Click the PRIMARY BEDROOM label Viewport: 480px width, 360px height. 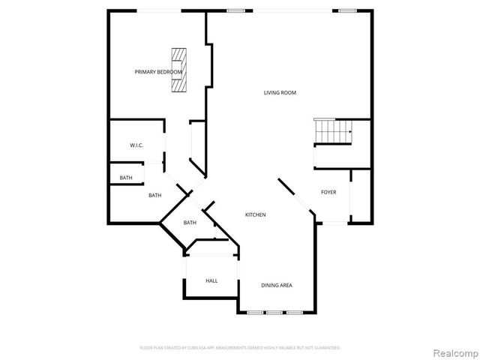[158, 72]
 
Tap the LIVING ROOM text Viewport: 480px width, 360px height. [280, 93]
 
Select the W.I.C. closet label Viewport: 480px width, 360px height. [136, 145]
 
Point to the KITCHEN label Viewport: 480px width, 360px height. [255, 215]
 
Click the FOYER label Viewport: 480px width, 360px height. [328, 192]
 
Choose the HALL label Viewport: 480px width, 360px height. [211, 280]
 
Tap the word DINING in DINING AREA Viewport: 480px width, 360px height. [269, 285]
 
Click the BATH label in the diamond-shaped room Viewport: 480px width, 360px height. [190, 222]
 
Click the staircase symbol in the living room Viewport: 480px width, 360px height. [333, 132]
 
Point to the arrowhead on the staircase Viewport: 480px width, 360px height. [349, 131]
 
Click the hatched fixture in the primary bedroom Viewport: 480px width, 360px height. [178, 70]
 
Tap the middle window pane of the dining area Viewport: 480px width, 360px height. [274, 311]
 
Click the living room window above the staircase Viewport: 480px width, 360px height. [346, 10]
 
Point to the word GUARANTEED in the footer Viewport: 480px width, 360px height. [324, 348]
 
